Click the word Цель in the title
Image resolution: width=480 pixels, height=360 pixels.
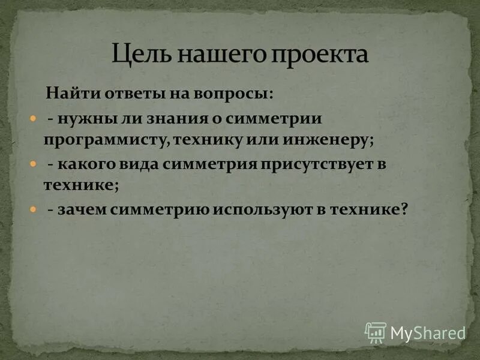(138, 55)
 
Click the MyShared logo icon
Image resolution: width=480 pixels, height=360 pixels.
(376, 332)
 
